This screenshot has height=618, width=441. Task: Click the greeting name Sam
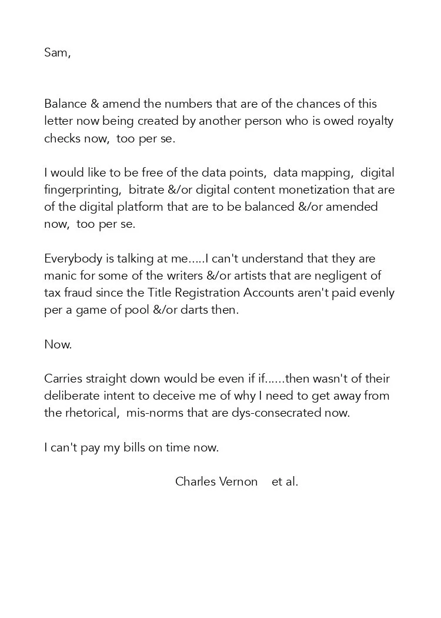coord(56,52)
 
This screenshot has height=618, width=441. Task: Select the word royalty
coord(374,121)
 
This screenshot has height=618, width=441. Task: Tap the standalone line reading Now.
coord(58,345)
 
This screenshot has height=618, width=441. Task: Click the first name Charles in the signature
coord(195,482)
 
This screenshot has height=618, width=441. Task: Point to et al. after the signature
coord(285,482)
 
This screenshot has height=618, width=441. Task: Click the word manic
coord(59,276)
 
